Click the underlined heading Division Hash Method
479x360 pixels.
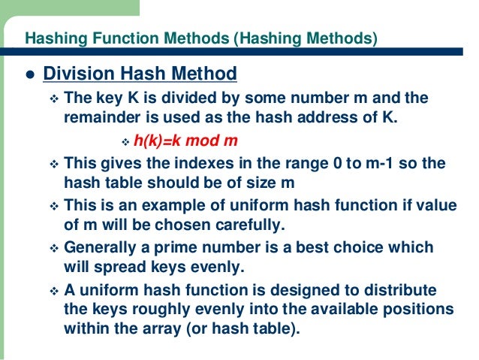pos(140,74)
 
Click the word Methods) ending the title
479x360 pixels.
pos(348,38)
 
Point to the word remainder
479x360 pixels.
pos(94,118)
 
